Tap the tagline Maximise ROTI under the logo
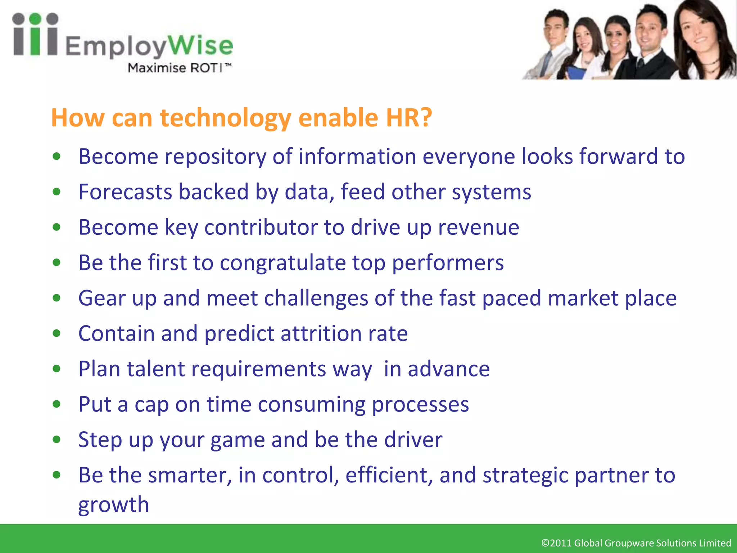179,68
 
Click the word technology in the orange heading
225,118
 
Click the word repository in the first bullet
215,157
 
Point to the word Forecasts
125,192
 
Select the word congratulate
283,263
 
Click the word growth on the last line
113,504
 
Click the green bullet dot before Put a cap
56,404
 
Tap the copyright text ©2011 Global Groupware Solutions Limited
636,543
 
